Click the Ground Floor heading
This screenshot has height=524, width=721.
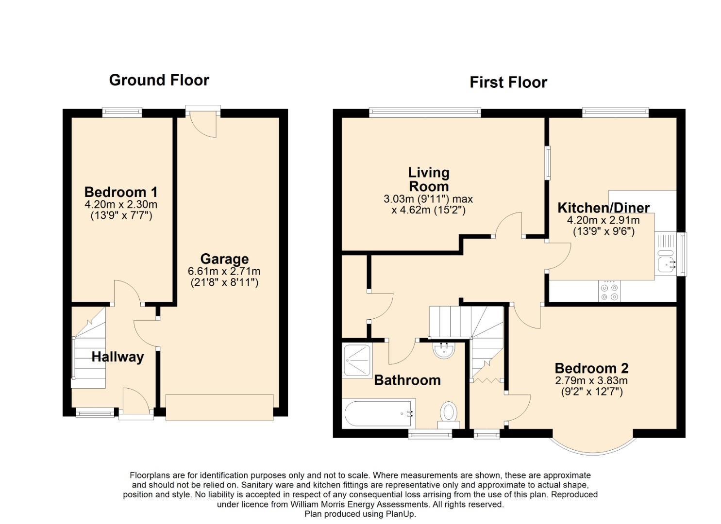pyautogui.click(x=159, y=80)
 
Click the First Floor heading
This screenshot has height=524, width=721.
pyautogui.click(x=508, y=82)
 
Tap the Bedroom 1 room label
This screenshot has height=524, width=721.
pyautogui.click(x=121, y=192)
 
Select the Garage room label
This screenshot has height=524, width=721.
pyautogui.click(x=224, y=259)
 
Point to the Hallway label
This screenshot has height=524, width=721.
pyautogui.click(x=117, y=357)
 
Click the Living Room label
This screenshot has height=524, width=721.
pyautogui.click(x=429, y=180)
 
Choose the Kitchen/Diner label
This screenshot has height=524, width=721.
pyautogui.click(x=604, y=208)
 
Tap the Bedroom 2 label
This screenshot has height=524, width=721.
pyautogui.click(x=591, y=368)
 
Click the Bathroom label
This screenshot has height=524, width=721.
pyautogui.click(x=407, y=380)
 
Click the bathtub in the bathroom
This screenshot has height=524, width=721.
pyautogui.click(x=379, y=414)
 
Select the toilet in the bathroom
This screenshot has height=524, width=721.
pyautogui.click(x=448, y=415)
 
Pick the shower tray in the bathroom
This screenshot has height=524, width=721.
pyautogui.click(x=357, y=360)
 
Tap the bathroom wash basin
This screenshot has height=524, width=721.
pyautogui.click(x=444, y=350)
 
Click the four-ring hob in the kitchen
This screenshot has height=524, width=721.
pyautogui.click(x=609, y=292)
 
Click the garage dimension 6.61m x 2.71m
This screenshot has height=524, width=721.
pyautogui.click(x=224, y=271)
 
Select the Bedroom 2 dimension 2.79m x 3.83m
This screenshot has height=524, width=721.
pyautogui.click(x=591, y=380)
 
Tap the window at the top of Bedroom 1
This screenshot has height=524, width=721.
pyautogui.click(x=122, y=112)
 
